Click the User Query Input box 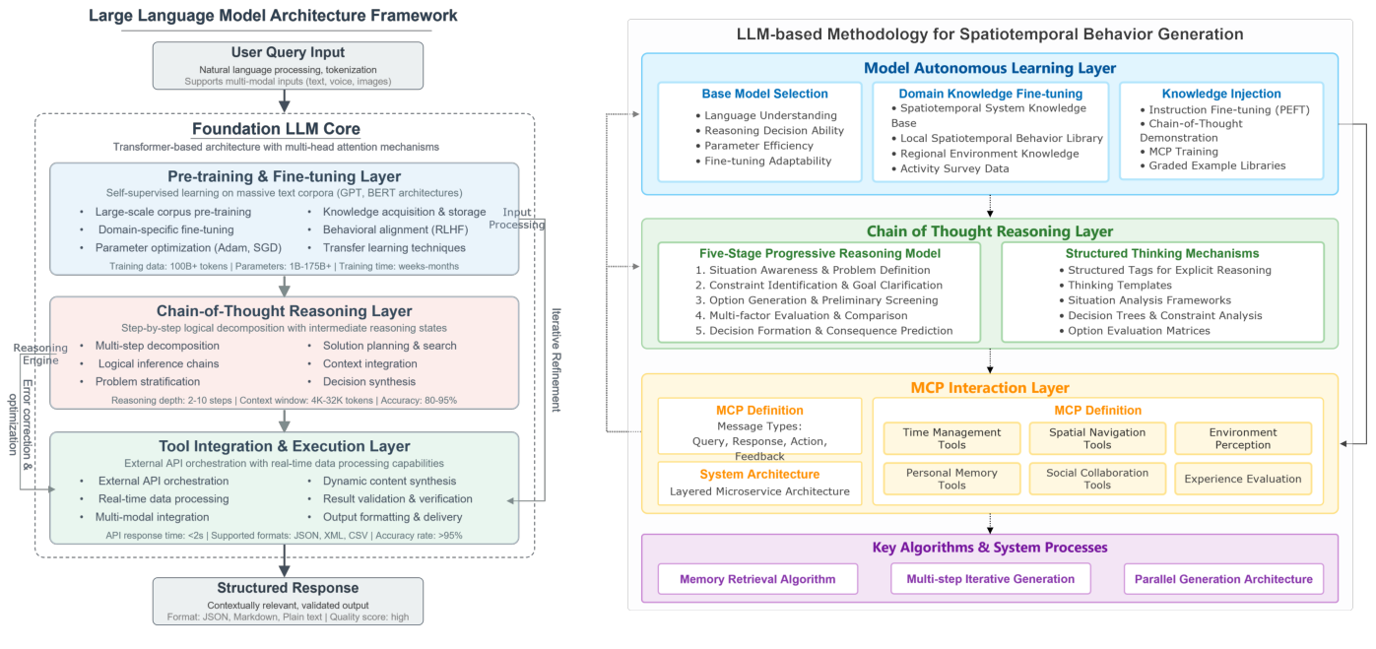pyautogui.click(x=288, y=65)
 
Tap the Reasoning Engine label pyautogui.click(x=40, y=354)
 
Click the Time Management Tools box pyautogui.click(x=951, y=438)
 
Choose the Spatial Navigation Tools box pyautogui.click(x=1097, y=438)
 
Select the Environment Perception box pyautogui.click(x=1242, y=438)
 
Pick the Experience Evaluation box pyautogui.click(x=1242, y=479)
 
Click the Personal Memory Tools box pyautogui.click(x=951, y=479)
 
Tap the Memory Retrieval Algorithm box pyautogui.click(x=757, y=579)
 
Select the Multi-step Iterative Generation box pyautogui.click(x=990, y=579)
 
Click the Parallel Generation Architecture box pyautogui.click(x=1223, y=579)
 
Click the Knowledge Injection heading pyautogui.click(x=1221, y=95)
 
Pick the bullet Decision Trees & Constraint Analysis pyautogui.click(x=1165, y=316)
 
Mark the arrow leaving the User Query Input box pyautogui.click(x=285, y=100)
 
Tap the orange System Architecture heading pyautogui.click(x=759, y=475)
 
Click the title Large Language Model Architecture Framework pyautogui.click(x=273, y=16)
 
